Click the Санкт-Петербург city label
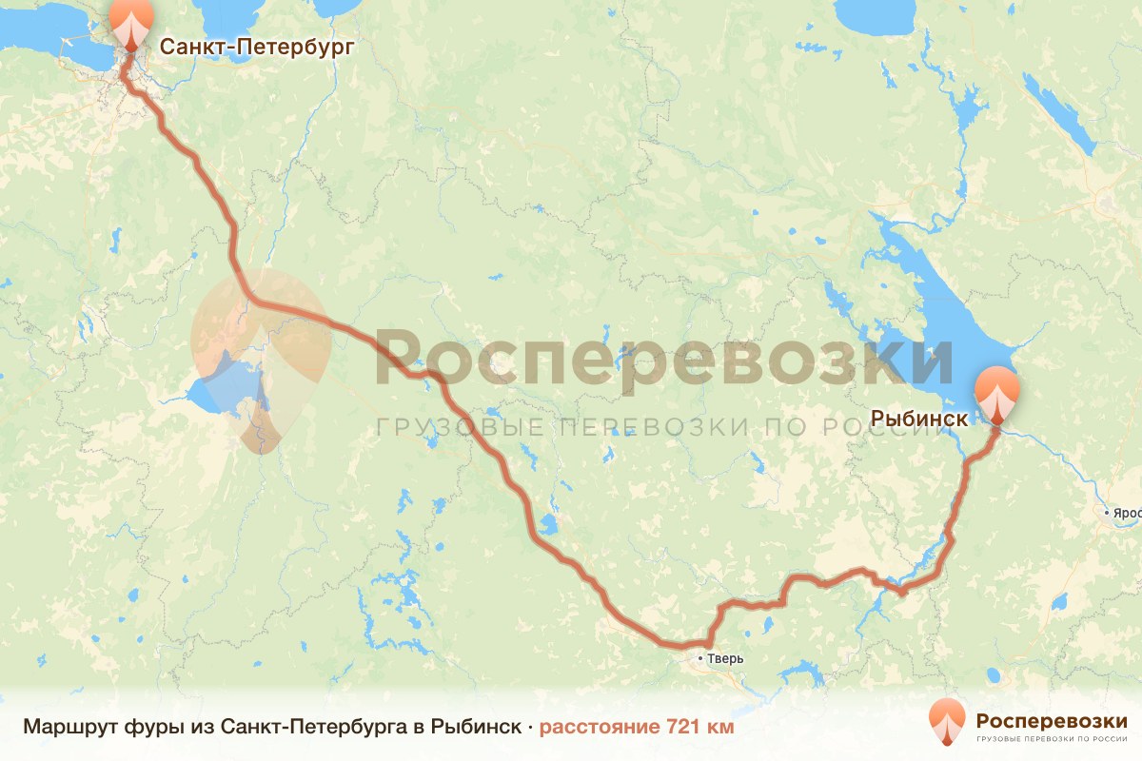(x=256, y=47)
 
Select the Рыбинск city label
(x=919, y=418)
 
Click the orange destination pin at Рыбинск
(x=996, y=392)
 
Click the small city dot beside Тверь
(x=700, y=658)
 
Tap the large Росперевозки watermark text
(x=663, y=357)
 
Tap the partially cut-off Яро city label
(x=1127, y=513)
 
